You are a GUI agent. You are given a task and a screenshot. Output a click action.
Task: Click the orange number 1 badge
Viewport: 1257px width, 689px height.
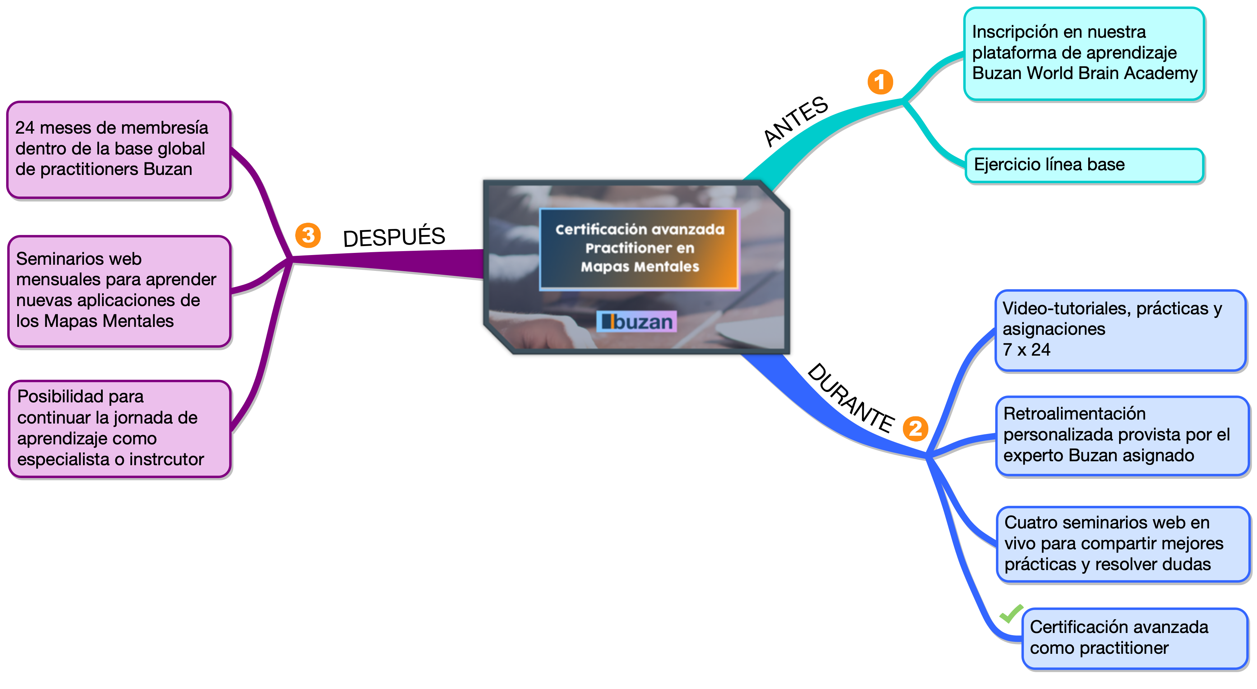point(880,82)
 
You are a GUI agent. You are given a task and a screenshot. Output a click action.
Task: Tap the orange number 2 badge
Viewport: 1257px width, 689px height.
point(915,429)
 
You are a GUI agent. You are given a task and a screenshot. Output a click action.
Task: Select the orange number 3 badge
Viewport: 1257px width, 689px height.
point(308,235)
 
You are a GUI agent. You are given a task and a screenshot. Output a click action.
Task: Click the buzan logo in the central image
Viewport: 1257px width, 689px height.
point(636,322)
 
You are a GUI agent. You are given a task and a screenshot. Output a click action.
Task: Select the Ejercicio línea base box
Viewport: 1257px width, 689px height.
point(1084,165)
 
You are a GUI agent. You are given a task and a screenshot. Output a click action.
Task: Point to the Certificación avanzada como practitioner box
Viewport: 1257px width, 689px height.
point(1135,638)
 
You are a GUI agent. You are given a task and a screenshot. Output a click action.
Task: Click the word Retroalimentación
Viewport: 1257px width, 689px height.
point(1074,414)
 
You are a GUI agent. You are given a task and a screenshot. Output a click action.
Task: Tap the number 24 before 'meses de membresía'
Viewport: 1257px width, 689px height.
point(24,128)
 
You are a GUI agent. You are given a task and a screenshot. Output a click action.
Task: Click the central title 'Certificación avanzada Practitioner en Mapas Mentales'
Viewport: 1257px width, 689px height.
point(639,248)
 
